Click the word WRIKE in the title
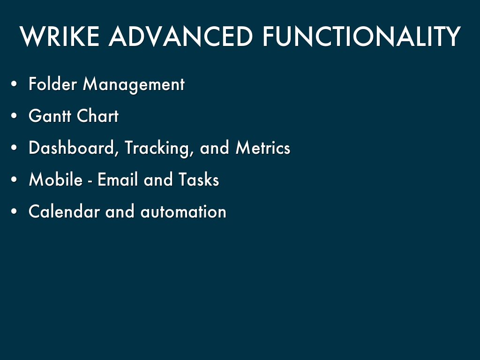60,37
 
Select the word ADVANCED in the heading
180,37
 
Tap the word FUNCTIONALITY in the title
361,37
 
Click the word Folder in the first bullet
52,83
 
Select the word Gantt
50,116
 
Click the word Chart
97,116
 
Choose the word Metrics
263,148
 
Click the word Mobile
56,180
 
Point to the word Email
118,180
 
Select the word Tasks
199,180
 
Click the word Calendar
64,211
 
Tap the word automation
183,211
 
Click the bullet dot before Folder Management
14,84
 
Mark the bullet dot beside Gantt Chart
14,116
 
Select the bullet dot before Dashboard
14,148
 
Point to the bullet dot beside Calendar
14,211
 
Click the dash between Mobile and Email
90,181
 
